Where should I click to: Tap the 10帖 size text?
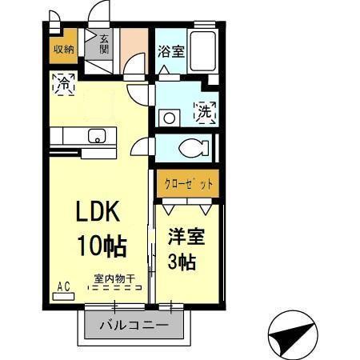[101, 244]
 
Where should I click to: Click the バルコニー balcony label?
[133, 326]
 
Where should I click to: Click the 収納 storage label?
[64, 48]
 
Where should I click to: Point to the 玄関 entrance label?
[104, 43]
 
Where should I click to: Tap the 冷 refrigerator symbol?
[63, 82]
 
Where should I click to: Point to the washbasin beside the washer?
[168, 117]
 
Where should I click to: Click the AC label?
[62, 284]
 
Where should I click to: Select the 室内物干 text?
[114, 278]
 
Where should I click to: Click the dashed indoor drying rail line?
[115, 289]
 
